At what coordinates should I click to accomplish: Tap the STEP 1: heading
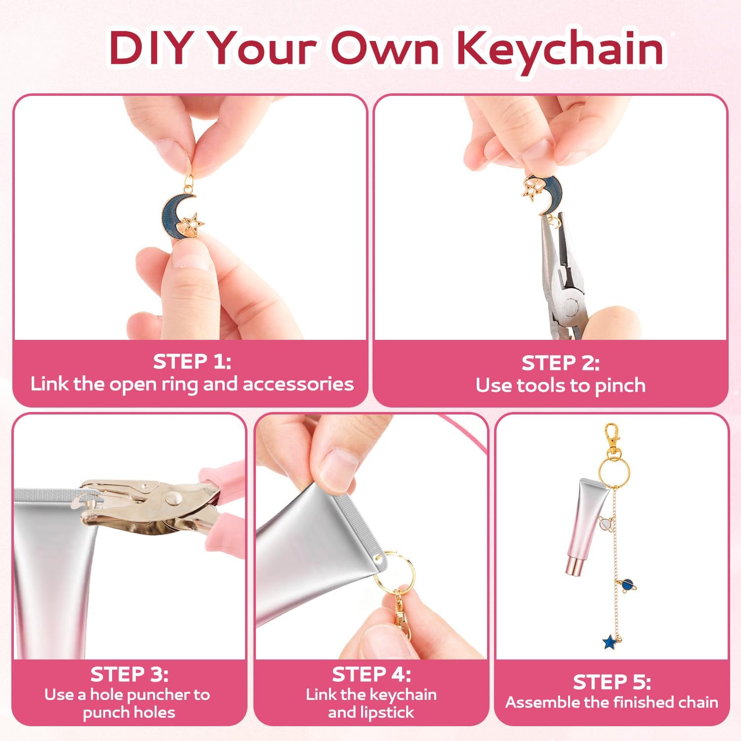(192, 362)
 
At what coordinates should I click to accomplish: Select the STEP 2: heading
(560, 363)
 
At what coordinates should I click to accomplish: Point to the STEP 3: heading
(129, 674)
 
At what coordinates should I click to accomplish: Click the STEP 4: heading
(371, 674)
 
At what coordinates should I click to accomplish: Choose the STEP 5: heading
(612, 682)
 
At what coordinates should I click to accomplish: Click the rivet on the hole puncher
(172, 496)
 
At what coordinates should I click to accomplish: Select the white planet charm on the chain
(605, 523)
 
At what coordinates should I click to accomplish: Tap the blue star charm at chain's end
(610, 642)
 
